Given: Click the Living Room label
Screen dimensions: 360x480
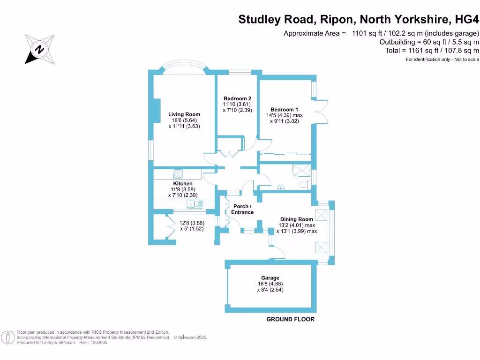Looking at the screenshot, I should pyautogui.click(x=184, y=114).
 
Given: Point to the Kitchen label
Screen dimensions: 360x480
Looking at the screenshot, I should pyautogui.click(x=183, y=184).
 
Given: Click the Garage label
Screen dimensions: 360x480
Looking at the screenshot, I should pyautogui.click(x=270, y=278).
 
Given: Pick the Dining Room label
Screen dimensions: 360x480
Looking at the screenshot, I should pyautogui.click(x=296, y=219).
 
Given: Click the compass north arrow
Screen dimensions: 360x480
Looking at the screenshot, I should pyautogui.click(x=39, y=49).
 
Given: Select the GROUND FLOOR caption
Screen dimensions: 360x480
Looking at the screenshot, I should pyautogui.click(x=290, y=319).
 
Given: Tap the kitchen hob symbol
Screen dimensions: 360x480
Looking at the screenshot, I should pyautogui.click(x=178, y=174).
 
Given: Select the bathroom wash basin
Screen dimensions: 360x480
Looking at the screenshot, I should pyautogui.click(x=281, y=188).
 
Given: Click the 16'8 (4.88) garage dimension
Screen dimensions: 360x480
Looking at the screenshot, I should pyautogui.click(x=270, y=284).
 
